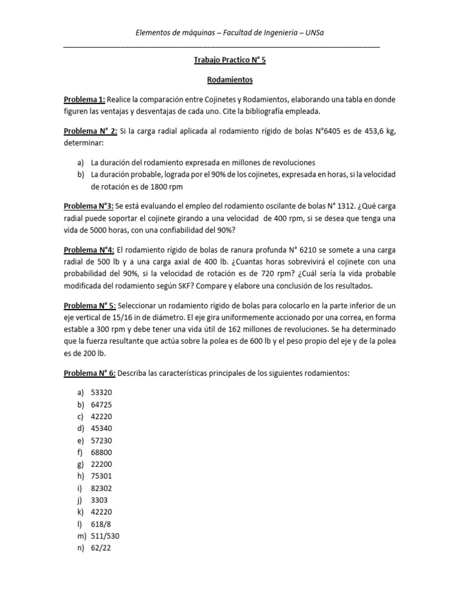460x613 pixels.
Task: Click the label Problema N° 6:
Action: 90,373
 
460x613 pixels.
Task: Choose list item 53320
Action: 102,393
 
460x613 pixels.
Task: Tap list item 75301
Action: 102,476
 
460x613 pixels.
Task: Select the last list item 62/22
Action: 101,547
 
